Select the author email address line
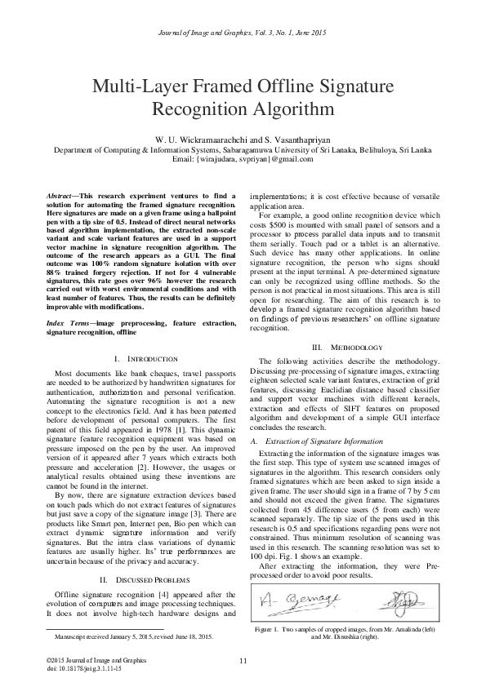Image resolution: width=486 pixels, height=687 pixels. tap(243, 160)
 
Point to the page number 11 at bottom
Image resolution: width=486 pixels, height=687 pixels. tap(243, 659)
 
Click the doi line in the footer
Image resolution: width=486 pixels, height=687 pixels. tap(82, 667)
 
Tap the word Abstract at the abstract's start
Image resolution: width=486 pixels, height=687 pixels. tap(62, 195)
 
